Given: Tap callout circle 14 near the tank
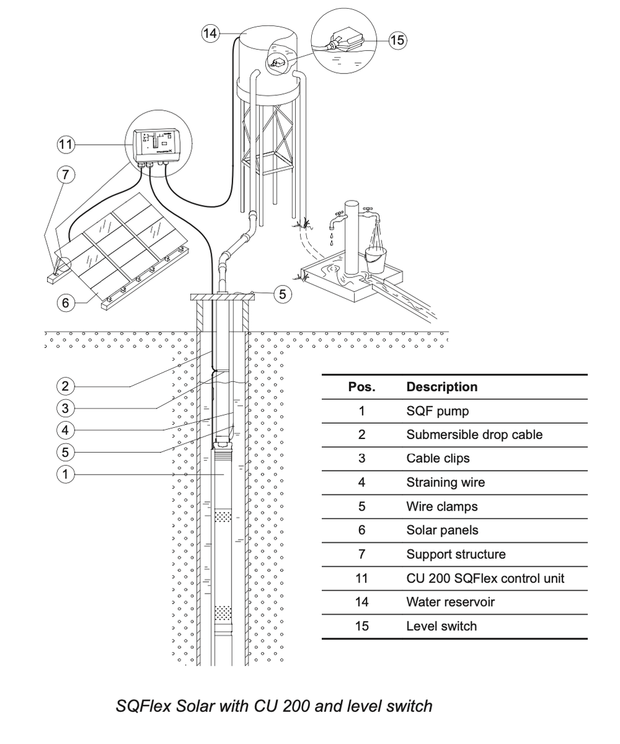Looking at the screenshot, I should pyautogui.click(x=211, y=34).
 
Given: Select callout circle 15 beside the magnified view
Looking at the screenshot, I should pyautogui.click(x=397, y=40).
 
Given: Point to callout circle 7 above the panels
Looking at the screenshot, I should pyautogui.click(x=66, y=175).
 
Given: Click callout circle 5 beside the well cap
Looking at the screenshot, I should pyautogui.click(x=282, y=294).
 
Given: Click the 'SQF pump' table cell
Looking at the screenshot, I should pyautogui.click(x=437, y=411).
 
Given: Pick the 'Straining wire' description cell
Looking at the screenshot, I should pyautogui.click(x=445, y=483).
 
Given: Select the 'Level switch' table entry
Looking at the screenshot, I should pyautogui.click(x=441, y=626).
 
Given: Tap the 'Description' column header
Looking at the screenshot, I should pyautogui.click(x=442, y=387).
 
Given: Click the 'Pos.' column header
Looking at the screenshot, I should pyautogui.click(x=362, y=387).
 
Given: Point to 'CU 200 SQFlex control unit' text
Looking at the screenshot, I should pyautogui.click(x=485, y=578).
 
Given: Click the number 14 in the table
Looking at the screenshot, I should pyautogui.click(x=362, y=602).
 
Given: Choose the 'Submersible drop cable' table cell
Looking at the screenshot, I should pyautogui.click(x=474, y=435).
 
